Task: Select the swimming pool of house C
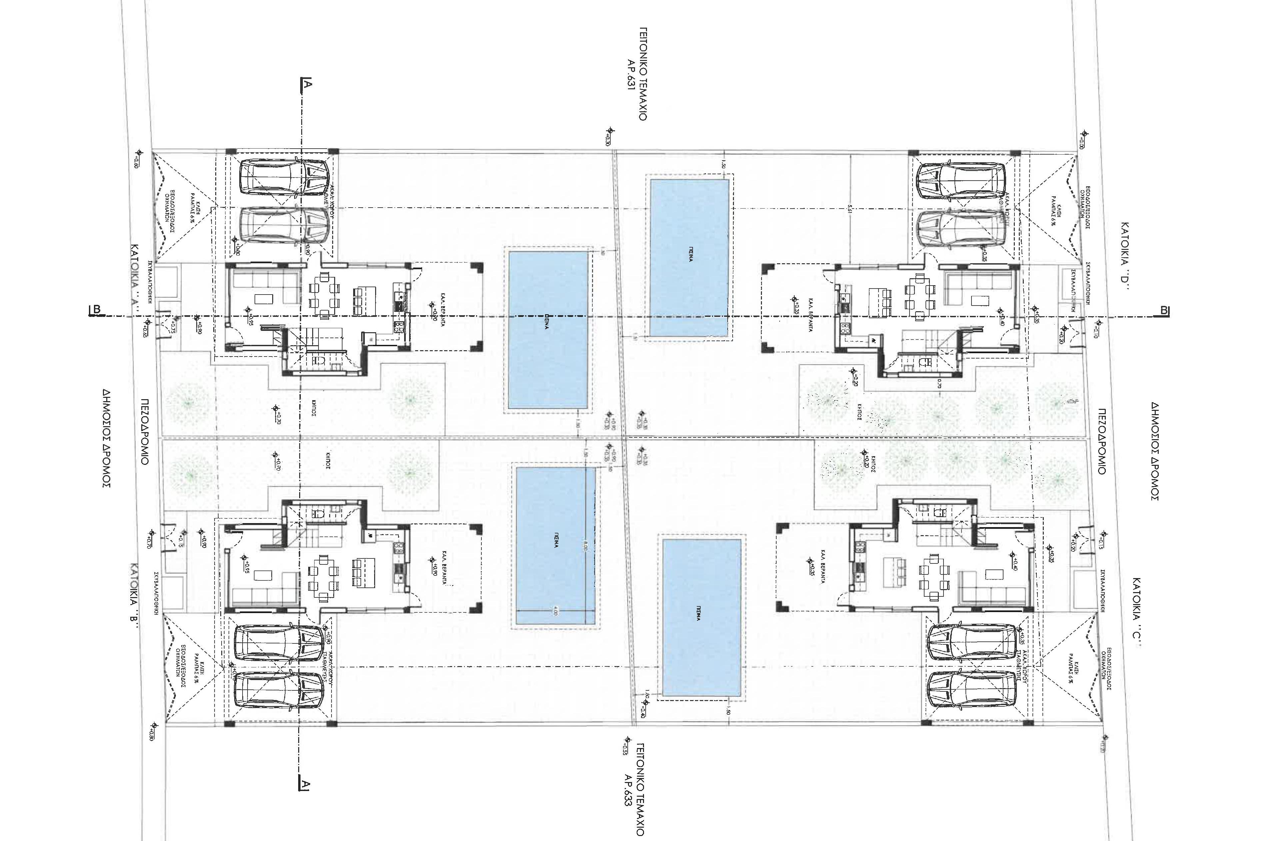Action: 701,618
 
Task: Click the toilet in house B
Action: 317,513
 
